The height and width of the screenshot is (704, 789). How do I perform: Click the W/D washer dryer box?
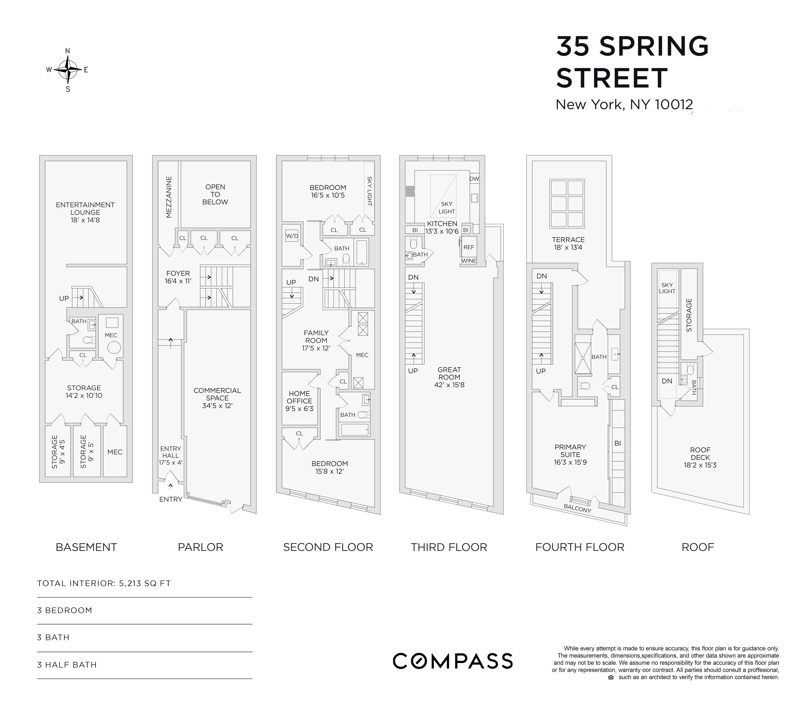pos(292,236)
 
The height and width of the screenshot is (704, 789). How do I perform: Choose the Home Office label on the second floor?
pos(299,397)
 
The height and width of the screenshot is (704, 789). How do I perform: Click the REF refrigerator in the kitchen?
pos(469,247)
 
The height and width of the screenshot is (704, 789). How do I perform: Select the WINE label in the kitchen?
pos(469,261)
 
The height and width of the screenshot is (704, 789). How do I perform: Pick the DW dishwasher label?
pos(474,179)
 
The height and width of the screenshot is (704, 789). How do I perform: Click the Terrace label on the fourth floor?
pos(568,240)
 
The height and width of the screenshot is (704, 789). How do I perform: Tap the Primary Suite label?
pos(570,451)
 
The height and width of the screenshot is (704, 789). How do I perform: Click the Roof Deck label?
pos(700,454)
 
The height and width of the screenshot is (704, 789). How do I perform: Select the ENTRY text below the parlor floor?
pos(171,499)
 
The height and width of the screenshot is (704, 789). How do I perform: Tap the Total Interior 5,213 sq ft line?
pos(104,583)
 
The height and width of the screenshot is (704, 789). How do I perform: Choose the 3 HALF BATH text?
pos(67,665)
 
